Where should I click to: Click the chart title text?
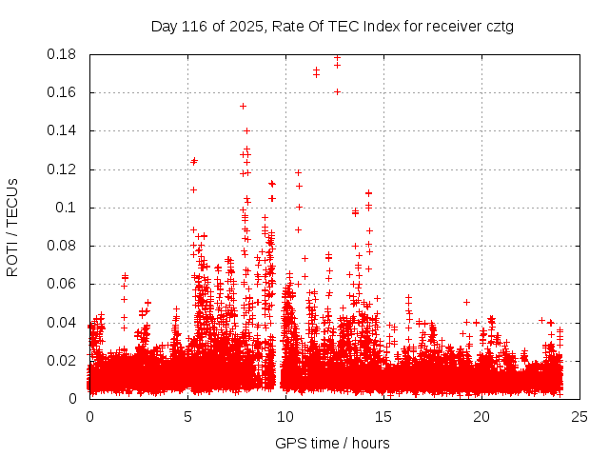tap(332, 26)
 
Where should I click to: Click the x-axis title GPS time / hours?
tap(332, 443)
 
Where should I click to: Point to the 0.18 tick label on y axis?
tap(63, 54)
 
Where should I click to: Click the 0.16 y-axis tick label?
tap(63, 92)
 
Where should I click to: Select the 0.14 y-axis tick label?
tap(63, 130)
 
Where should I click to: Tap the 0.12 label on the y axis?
tap(63, 169)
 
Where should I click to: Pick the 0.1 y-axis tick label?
tap(67, 208)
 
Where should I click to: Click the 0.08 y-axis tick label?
tap(63, 246)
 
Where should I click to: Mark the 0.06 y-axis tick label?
tap(63, 284)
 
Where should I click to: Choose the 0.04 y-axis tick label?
tap(63, 322)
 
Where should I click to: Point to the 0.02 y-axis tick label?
tap(63, 360)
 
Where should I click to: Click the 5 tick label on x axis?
tap(187, 416)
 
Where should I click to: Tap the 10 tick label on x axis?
tap(285, 416)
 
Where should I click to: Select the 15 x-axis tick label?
tap(383, 416)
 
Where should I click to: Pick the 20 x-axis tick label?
tap(481, 416)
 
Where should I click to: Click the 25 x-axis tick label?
tap(580, 416)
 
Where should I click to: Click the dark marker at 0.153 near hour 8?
tap(243, 106)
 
